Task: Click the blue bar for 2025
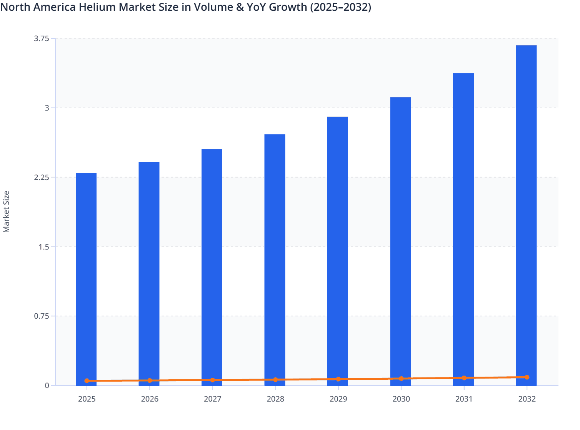[x=86, y=276]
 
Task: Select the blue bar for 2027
[x=212, y=265]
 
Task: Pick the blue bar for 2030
[x=400, y=238]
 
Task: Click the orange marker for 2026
[x=150, y=380]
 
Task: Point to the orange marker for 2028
[x=275, y=380]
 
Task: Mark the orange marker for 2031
[x=464, y=378]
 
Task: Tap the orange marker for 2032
[x=527, y=377]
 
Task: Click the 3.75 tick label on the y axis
[x=42, y=38]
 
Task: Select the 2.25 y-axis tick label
[x=42, y=177]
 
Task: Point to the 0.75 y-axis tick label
[x=42, y=316]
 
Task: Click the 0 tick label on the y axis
[x=47, y=385]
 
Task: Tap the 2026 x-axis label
[x=150, y=399]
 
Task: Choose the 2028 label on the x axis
[x=275, y=399]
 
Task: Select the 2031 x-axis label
[x=464, y=399]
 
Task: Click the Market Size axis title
[x=6, y=212]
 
